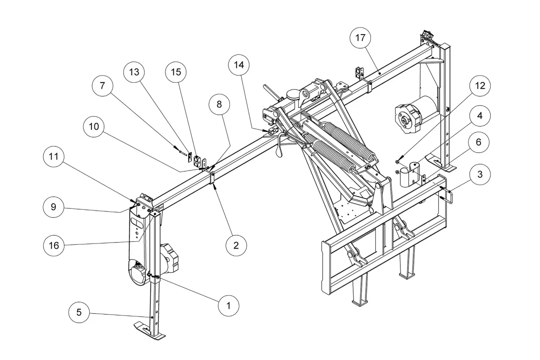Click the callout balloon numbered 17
(360, 38)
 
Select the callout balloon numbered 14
(239, 65)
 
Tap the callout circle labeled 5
(79, 312)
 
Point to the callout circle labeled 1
(229, 306)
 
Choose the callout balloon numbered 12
(480, 86)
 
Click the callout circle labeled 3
(480, 174)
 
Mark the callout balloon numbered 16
(54, 245)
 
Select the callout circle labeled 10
(94, 126)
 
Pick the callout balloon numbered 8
(219, 104)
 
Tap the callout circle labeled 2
(236, 245)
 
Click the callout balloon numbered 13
(134, 72)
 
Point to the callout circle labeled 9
(54, 207)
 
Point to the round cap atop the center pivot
(292, 94)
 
